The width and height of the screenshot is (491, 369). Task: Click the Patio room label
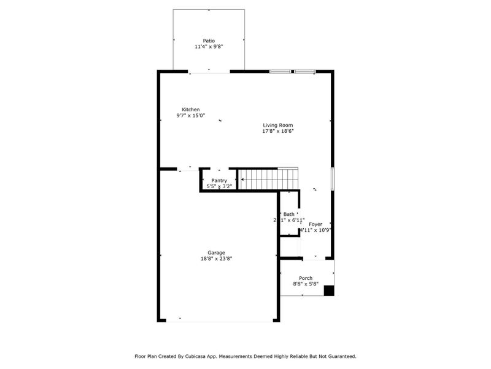[209, 41]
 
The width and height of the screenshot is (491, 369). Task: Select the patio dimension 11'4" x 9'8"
[209, 47]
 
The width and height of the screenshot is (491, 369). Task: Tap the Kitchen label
[190, 109]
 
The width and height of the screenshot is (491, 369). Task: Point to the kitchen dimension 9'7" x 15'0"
[190, 116]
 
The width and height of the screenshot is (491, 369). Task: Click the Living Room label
[278, 125]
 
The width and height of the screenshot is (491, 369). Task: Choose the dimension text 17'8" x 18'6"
[278, 131]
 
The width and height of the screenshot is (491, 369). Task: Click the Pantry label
[219, 180]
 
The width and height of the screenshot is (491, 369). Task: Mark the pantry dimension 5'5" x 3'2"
[219, 186]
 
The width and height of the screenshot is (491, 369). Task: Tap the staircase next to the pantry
[270, 180]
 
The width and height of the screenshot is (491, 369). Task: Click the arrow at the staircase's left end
[243, 180]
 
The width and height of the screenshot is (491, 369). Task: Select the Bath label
[288, 214]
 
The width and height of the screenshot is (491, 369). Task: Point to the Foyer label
[315, 224]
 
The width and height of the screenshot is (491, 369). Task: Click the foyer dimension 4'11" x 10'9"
[315, 231]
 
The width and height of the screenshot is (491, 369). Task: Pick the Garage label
[216, 252]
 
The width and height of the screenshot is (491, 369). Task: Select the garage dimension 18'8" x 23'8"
[216, 259]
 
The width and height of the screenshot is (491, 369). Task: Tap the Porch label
[306, 278]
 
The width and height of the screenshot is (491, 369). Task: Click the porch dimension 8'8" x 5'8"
[306, 284]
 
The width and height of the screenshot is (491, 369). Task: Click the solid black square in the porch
[329, 290]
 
